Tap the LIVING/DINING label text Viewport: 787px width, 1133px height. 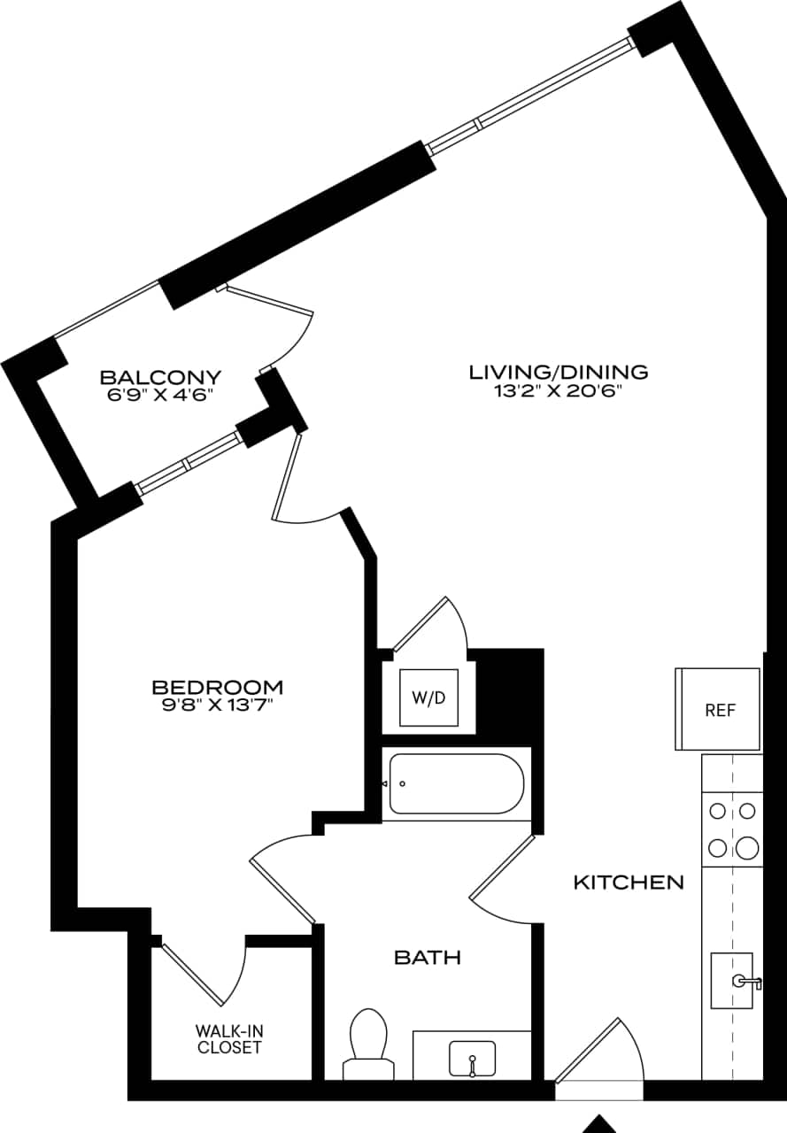[558, 372]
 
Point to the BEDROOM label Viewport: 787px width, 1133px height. [217, 687]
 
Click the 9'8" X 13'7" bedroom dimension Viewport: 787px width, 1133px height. [217, 706]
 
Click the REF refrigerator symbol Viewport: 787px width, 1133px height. [719, 709]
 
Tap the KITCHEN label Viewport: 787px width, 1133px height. [629, 882]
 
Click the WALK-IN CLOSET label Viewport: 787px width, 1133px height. [229, 1040]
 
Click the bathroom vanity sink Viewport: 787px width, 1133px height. [472, 1058]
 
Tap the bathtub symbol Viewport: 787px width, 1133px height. [457, 783]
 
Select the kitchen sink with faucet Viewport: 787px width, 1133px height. [733, 980]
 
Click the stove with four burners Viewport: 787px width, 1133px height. [732, 830]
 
